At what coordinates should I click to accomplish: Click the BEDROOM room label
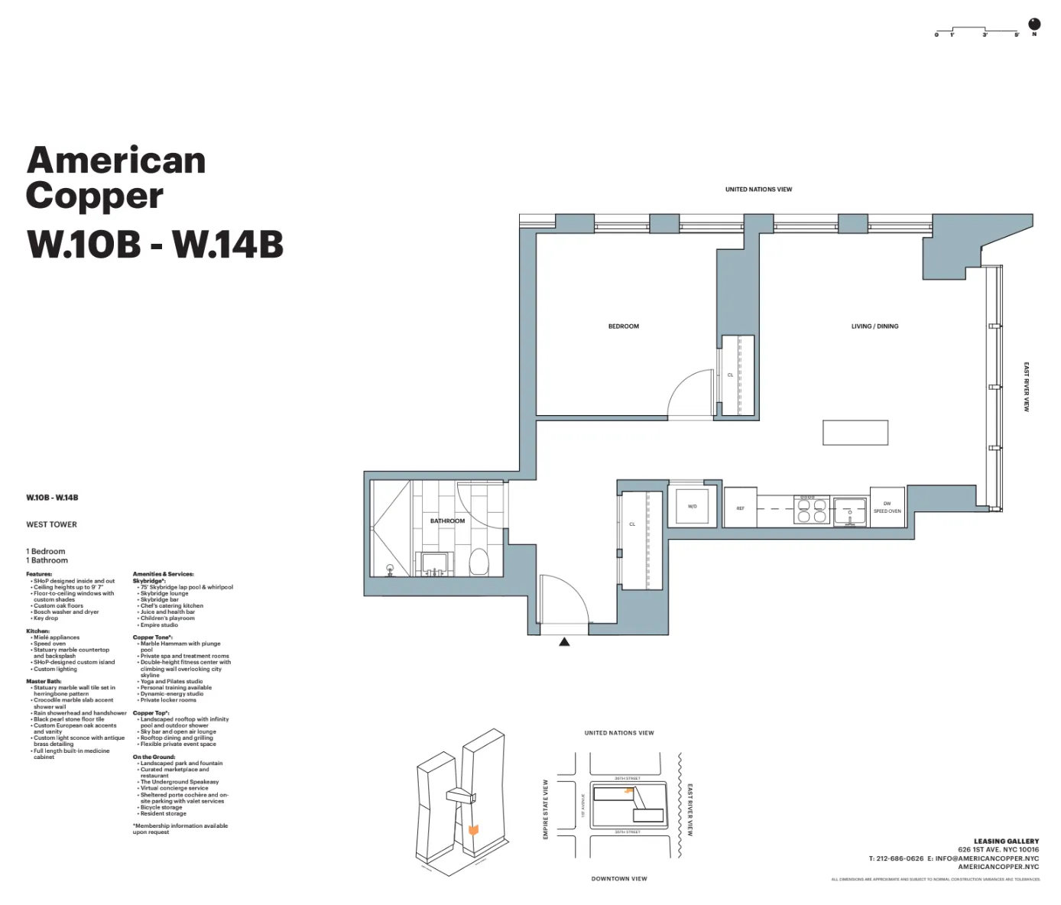[x=623, y=326]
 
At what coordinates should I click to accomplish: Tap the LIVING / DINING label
[x=874, y=326]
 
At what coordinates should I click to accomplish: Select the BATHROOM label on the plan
[x=447, y=521]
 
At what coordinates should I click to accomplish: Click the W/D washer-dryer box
[x=693, y=506]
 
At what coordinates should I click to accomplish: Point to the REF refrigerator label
[x=740, y=508]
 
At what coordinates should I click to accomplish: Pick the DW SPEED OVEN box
[x=887, y=508]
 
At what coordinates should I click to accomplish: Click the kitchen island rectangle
[x=855, y=433]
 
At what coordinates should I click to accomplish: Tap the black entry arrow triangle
[x=564, y=642]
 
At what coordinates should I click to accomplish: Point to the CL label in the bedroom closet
[x=730, y=375]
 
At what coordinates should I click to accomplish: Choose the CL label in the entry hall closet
[x=632, y=524]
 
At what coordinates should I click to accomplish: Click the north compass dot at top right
[x=1035, y=24]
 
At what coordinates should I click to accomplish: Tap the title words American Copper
[x=116, y=177]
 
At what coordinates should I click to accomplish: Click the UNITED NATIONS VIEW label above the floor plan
[x=758, y=190]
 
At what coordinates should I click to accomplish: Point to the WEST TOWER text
[x=51, y=524]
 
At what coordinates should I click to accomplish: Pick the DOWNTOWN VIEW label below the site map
[x=619, y=879]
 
